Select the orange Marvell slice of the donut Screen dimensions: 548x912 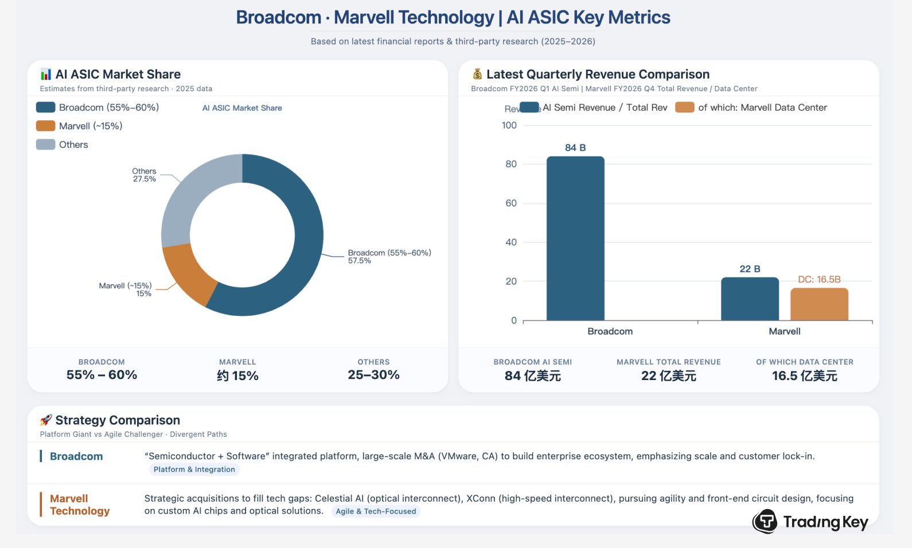tap(186, 274)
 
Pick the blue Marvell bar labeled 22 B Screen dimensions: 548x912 tap(749, 299)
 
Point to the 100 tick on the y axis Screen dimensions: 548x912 tap(509, 126)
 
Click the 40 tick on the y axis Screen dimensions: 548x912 tap(510, 242)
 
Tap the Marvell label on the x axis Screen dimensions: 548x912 tap(784, 331)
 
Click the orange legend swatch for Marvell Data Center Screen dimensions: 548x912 tap(684, 107)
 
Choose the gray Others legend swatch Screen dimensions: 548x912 tap(45, 144)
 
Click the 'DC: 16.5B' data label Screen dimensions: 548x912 tap(819, 280)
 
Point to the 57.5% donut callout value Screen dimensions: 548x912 tap(359, 261)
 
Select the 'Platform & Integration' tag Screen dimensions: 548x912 tap(194, 469)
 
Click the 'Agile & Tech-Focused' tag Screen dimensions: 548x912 tap(376, 511)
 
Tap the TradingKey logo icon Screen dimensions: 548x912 tap(765, 521)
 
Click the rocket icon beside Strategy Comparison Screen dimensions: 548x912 tap(46, 420)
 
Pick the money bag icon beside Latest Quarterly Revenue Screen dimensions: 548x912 tap(477, 74)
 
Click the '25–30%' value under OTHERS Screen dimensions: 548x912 tap(373, 375)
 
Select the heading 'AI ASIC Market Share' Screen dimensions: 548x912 tap(118, 74)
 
